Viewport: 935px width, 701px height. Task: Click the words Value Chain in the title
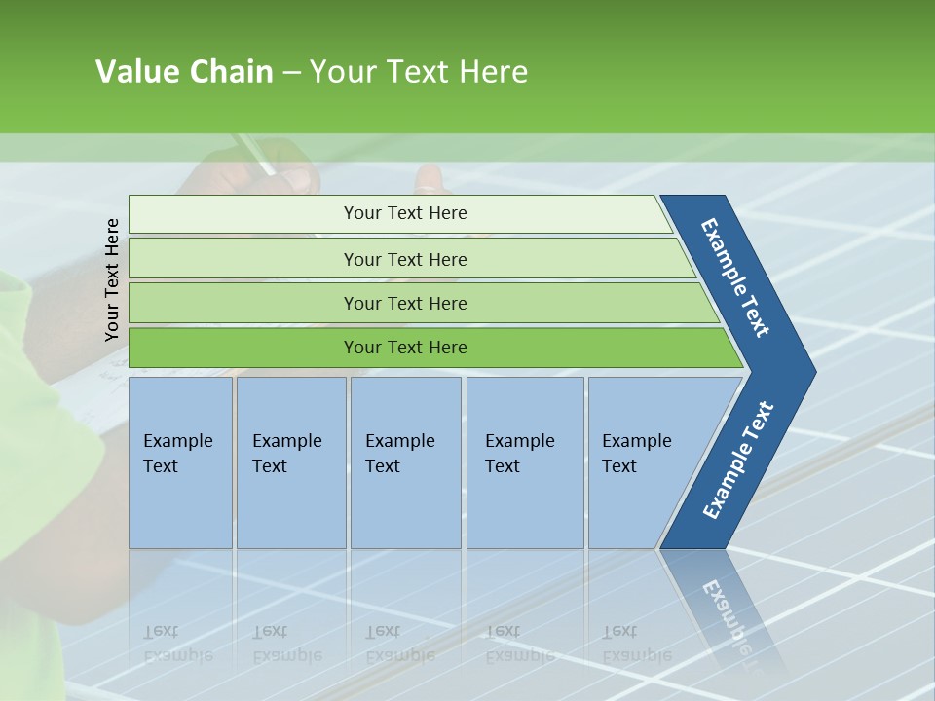(184, 72)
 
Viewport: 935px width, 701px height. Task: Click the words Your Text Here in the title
(419, 72)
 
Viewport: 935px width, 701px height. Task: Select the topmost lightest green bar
(404, 213)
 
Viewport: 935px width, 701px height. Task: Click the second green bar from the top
(404, 259)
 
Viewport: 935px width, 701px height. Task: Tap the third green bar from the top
(404, 303)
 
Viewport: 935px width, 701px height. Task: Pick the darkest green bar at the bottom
(404, 348)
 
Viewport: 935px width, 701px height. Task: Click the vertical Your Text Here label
(112, 279)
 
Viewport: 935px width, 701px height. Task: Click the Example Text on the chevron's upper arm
(735, 277)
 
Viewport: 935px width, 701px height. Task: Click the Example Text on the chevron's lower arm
(737, 460)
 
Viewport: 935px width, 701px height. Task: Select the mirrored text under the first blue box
(178, 644)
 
